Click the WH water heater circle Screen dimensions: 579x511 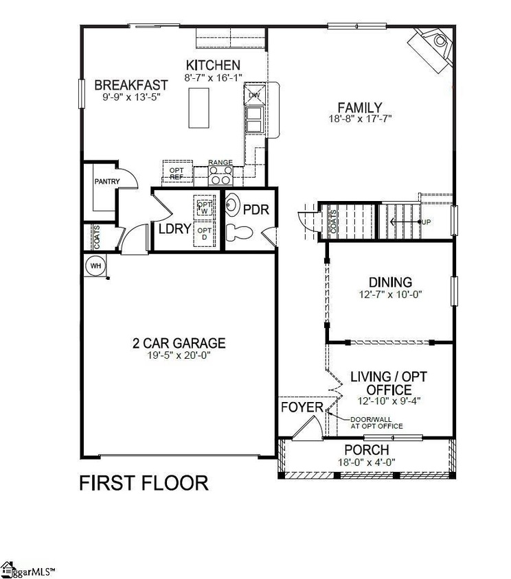pyautogui.click(x=93, y=264)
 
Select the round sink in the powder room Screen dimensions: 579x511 pyautogui.click(x=234, y=205)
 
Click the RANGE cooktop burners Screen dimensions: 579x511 pyautogui.click(x=220, y=176)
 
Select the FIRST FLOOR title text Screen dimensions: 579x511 pyautogui.click(x=144, y=483)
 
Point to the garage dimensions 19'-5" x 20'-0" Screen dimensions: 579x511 pyautogui.click(x=179, y=356)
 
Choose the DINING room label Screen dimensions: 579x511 pyautogui.click(x=390, y=282)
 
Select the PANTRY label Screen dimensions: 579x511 pyautogui.click(x=107, y=182)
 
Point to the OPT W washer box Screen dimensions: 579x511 pyautogui.click(x=205, y=208)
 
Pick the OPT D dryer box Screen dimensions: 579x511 pyautogui.click(x=205, y=234)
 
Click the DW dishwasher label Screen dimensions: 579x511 pyautogui.click(x=253, y=95)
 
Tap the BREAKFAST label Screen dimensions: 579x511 pyautogui.click(x=131, y=85)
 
